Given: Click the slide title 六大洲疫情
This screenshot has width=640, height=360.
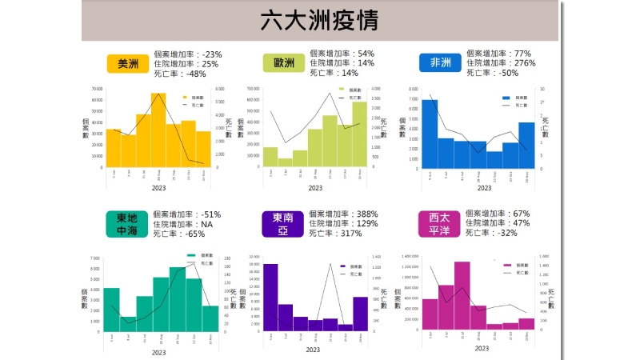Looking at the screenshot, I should point(319,20).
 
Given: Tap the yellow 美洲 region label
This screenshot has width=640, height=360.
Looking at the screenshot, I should point(127,64).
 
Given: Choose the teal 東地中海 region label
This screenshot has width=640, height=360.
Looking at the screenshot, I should point(127,224).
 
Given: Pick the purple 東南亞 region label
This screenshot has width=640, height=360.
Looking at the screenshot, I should point(282,224).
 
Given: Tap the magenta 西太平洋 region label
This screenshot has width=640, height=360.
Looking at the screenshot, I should point(439,224).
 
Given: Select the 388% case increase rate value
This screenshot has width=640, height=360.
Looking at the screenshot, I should point(365,214).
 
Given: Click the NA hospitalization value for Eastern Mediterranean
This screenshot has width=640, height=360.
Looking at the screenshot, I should point(206,225).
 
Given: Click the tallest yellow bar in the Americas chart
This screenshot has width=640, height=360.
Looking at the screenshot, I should point(158,132).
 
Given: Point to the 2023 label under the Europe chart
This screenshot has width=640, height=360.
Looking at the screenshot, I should point(315,188).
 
